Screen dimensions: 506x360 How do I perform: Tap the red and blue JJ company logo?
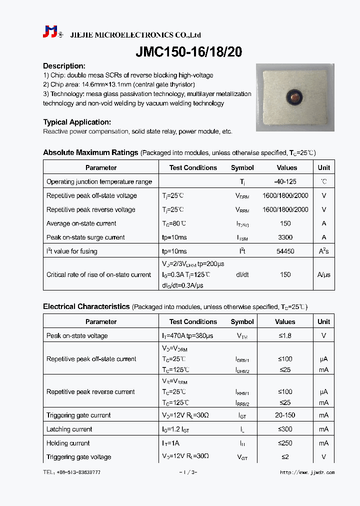pyautogui.click(x=50, y=32)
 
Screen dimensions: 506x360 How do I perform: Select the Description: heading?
pyautogui.click(x=64, y=66)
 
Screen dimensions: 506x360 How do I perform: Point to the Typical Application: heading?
pyautogui.click(x=77, y=122)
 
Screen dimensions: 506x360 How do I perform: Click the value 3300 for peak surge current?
pyautogui.click(x=285, y=237)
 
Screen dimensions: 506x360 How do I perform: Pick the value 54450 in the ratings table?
pyautogui.click(x=285, y=251)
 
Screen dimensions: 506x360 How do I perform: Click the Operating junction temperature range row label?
pyautogui.click(x=99, y=182)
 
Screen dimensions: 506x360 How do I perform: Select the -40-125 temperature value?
pyautogui.click(x=285, y=182)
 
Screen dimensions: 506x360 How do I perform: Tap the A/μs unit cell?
pyautogui.click(x=323, y=274)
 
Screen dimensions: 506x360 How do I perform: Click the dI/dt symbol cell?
pyautogui.click(x=242, y=274)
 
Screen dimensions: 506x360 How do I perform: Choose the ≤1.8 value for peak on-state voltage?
pyautogui.click(x=285, y=336)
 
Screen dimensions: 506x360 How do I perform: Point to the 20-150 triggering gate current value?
pyautogui.click(x=285, y=415)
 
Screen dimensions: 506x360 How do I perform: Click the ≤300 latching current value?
pyautogui.click(x=285, y=429)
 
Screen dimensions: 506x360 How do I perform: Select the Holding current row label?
pyautogui.click(x=68, y=443)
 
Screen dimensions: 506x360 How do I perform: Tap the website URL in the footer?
pyautogui.click(x=307, y=472)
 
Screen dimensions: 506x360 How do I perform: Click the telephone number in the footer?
pyautogui.click(x=71, y=472)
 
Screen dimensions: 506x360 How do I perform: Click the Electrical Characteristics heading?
pyautogui.click(x=86, y=306)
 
